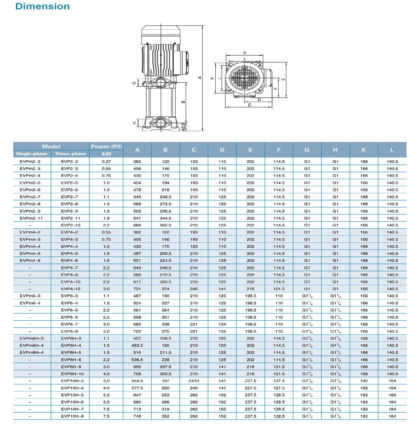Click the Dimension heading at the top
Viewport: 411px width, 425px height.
coord(42,6)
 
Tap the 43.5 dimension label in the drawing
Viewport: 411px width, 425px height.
coord(183,126)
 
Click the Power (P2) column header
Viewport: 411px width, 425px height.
coord(106,146)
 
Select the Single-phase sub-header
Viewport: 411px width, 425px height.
coord(32,154)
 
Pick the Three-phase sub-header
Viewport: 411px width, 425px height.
coord(70,154)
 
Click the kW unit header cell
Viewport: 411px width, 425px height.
coord(106,154)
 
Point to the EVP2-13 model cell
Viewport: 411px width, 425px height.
coord(69,225)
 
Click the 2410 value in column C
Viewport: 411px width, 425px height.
coord(194,381)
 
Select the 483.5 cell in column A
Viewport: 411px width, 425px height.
coord(137,345)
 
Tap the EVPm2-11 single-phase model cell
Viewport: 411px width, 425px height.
coord(31,218)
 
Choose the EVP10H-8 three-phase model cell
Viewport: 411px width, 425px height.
coord(72,416)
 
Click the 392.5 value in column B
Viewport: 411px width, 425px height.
coord(165,225)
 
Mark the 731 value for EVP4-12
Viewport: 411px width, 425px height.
coord(137,289)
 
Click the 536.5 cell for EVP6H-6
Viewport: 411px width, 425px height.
coord(137,360)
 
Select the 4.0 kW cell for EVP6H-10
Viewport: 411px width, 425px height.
coord(106,374)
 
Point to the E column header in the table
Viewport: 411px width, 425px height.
coord(250,150)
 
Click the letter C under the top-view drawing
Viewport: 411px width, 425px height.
coord(250,105)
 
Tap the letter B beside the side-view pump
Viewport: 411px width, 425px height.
coord(183,102)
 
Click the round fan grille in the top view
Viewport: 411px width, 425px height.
coord(245,78)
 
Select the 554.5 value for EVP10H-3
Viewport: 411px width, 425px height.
coord(137,381)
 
